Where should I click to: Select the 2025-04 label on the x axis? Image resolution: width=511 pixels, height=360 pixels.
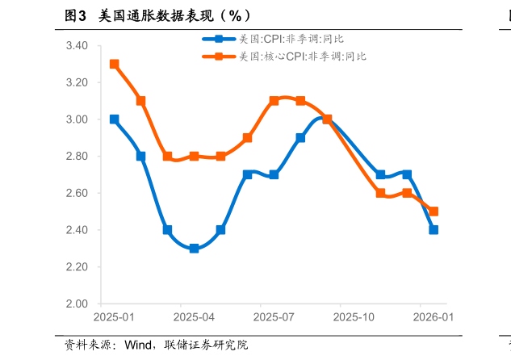[x=195, y=318]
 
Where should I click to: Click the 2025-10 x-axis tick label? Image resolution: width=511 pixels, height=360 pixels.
[x=354, y=318]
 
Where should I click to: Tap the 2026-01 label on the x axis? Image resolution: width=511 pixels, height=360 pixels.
[x=434, y=318]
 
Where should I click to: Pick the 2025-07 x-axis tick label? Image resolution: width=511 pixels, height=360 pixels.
[x=274, y=318]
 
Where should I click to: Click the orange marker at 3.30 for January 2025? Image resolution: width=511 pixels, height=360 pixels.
[x=115, y=64]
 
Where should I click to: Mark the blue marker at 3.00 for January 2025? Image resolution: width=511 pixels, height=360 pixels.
[x=115, y=119]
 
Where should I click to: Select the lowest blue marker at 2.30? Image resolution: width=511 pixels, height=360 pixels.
[x=195, y=249]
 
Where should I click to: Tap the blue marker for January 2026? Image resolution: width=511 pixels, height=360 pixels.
[x=434, y=230]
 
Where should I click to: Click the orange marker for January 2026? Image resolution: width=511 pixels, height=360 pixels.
[x=434, y=211]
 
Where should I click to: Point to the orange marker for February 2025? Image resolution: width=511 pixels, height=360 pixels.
[x=141, y=101]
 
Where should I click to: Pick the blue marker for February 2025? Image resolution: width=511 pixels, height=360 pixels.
[x=141, y=157]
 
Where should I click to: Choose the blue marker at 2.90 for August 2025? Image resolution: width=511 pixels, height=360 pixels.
[x=300, y=138]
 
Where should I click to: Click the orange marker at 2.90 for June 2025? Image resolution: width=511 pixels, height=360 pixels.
[x=247, y=138]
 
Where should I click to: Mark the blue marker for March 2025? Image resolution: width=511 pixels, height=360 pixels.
[x=167, y=230]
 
